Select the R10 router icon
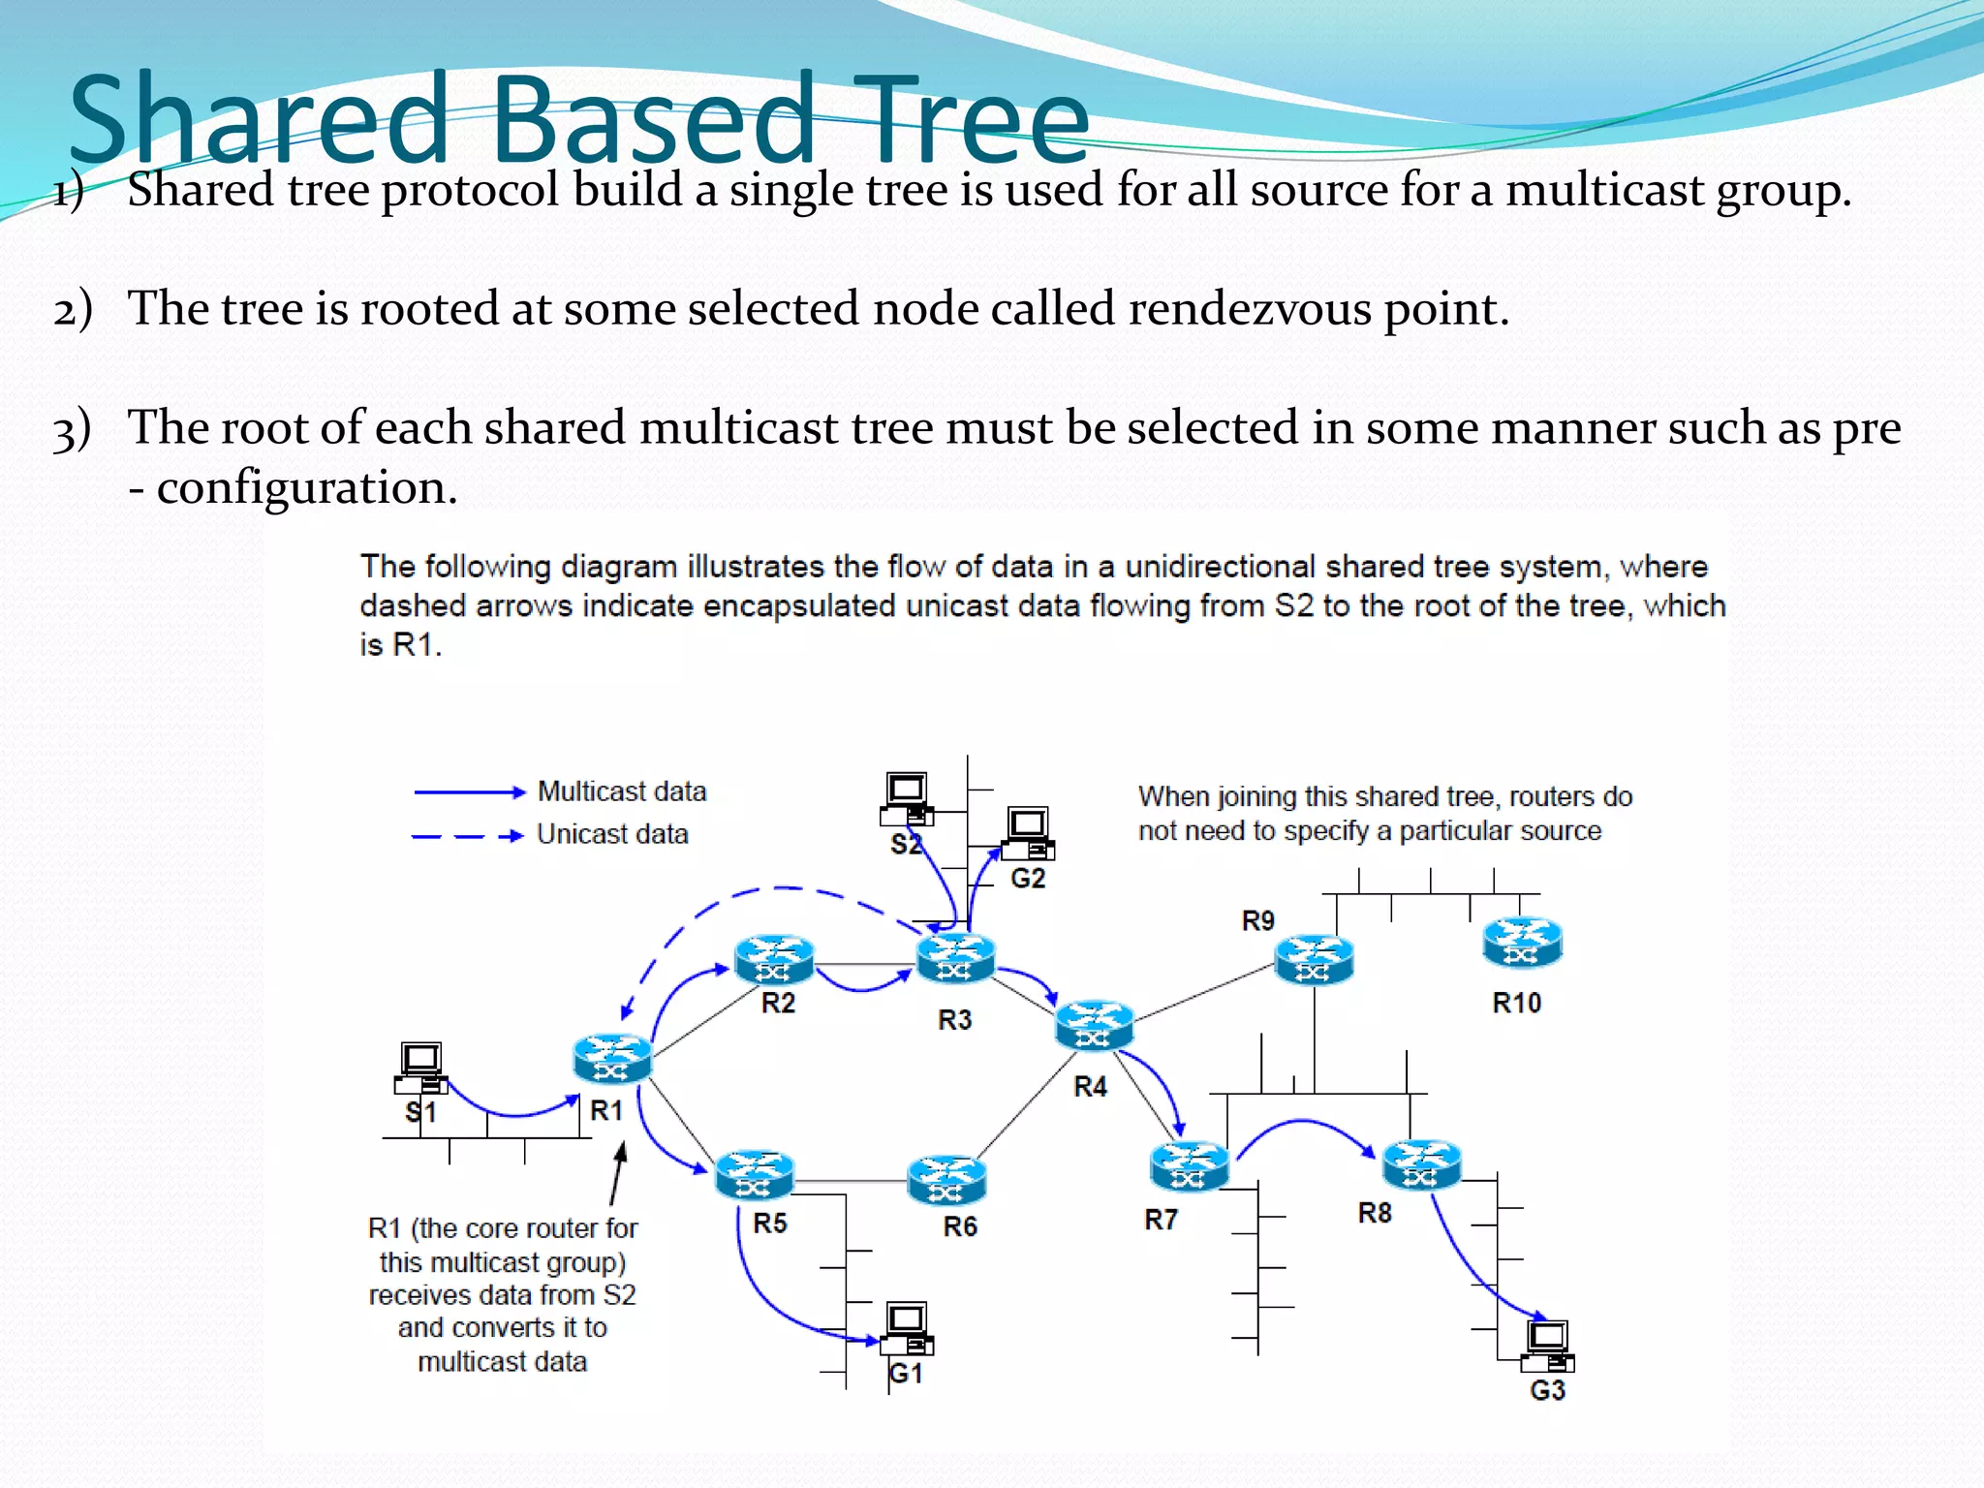[x=1522, y=942]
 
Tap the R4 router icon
[x=1094, y=1025]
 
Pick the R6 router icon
[x=946, y=1179]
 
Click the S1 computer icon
[x=421, y=1068]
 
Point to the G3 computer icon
[x=1547, y=1346]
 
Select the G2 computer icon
[x=1028, y=833]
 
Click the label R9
[x=1257, y=920]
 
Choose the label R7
[x=1161, y=1219]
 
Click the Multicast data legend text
[x=622, y=791]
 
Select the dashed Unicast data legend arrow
[x=467, y=835]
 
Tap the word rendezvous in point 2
[x=1249, y=309]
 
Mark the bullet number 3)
[x=72, y=429]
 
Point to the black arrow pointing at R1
[x=617, y=1174]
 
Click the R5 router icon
[x=755, y=1173]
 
